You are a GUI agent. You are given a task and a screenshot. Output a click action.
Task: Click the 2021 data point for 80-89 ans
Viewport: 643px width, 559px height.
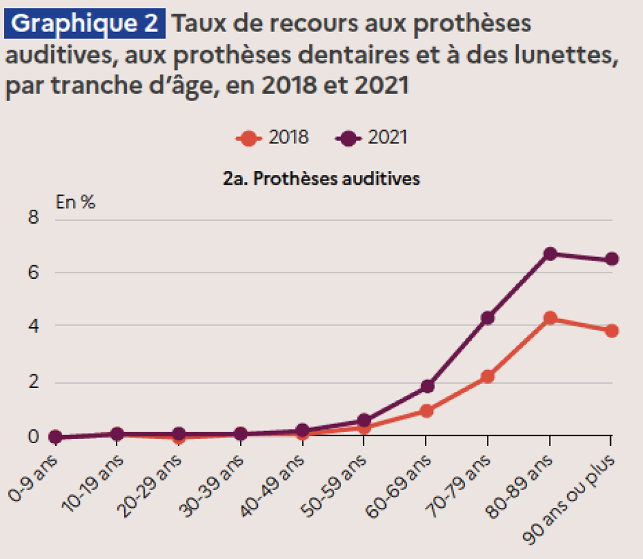click(550, 254)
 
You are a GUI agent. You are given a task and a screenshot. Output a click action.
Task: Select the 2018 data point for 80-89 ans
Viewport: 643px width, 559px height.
click(550, 318)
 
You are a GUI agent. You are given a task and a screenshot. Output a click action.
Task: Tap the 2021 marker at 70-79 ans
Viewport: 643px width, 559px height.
click(488, 318)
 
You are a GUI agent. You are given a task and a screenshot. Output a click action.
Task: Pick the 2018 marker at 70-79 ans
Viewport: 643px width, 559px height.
click(488, 376)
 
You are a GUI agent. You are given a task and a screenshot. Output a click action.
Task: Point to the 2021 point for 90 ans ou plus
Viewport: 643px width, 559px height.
click(611, 259)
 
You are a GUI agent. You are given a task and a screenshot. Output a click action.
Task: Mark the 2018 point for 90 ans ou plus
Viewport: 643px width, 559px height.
click(611, 331)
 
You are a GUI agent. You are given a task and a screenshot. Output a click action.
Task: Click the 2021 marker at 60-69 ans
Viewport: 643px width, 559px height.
click(426, 387)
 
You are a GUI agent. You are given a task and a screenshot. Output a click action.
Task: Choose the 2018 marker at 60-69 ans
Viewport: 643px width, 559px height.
click(426, 411)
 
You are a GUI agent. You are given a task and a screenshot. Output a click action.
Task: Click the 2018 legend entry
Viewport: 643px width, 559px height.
click(273, 138)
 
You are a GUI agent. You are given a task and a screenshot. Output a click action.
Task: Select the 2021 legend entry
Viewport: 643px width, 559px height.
click(372, 138)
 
